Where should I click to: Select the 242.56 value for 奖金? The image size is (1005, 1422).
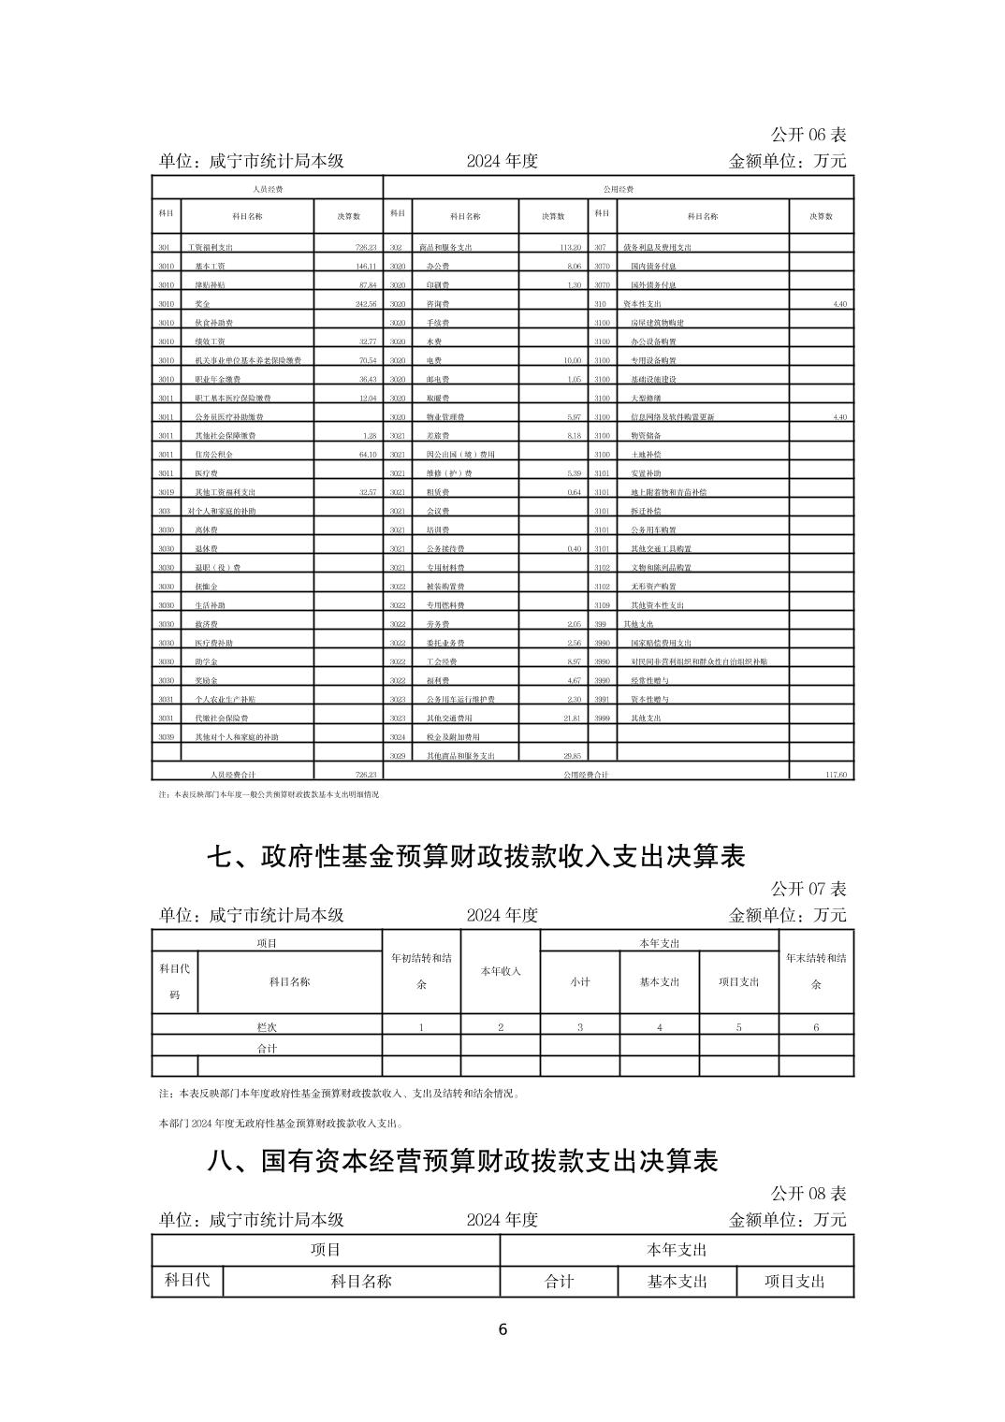coord(360,304)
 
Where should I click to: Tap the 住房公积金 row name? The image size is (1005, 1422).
coord(213,455)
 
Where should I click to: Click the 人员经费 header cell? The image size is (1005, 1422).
coord(268,189)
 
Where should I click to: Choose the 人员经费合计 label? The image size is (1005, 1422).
coord(233,775)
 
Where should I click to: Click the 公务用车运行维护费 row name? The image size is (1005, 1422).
coord(460,700)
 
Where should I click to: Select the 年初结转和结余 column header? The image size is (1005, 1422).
coord(421,971)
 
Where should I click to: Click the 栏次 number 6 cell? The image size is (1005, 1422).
coord(816,1027)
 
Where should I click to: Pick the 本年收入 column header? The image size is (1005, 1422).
coord(501,971)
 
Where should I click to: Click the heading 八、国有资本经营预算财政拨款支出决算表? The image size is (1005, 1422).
coord(462,1161)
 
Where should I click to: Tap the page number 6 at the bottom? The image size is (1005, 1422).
coord(502,1330)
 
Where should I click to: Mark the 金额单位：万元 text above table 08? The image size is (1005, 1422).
coord(787,1220)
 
